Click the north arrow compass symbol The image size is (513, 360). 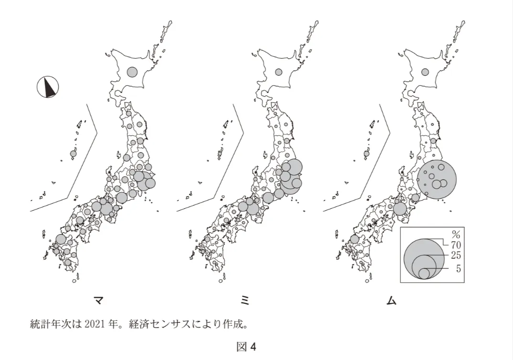(48, 87)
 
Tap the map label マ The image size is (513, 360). (98, 300)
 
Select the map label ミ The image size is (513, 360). (245, 300)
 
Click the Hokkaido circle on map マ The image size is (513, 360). (132, 72)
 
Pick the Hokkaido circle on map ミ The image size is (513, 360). (279, 72)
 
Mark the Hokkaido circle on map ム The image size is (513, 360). (425, 72)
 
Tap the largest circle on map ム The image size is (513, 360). (437, 179)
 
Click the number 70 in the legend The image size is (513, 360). (456, 245)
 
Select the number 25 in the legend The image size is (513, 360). (456, 255)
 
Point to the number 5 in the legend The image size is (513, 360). (458, 268)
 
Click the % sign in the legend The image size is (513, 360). (456, 235)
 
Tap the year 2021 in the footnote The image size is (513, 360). (95, 324)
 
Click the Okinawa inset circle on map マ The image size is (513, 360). (73, 154)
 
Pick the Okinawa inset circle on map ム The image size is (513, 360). (366, 154)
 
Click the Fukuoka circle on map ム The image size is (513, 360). (354, 239)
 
